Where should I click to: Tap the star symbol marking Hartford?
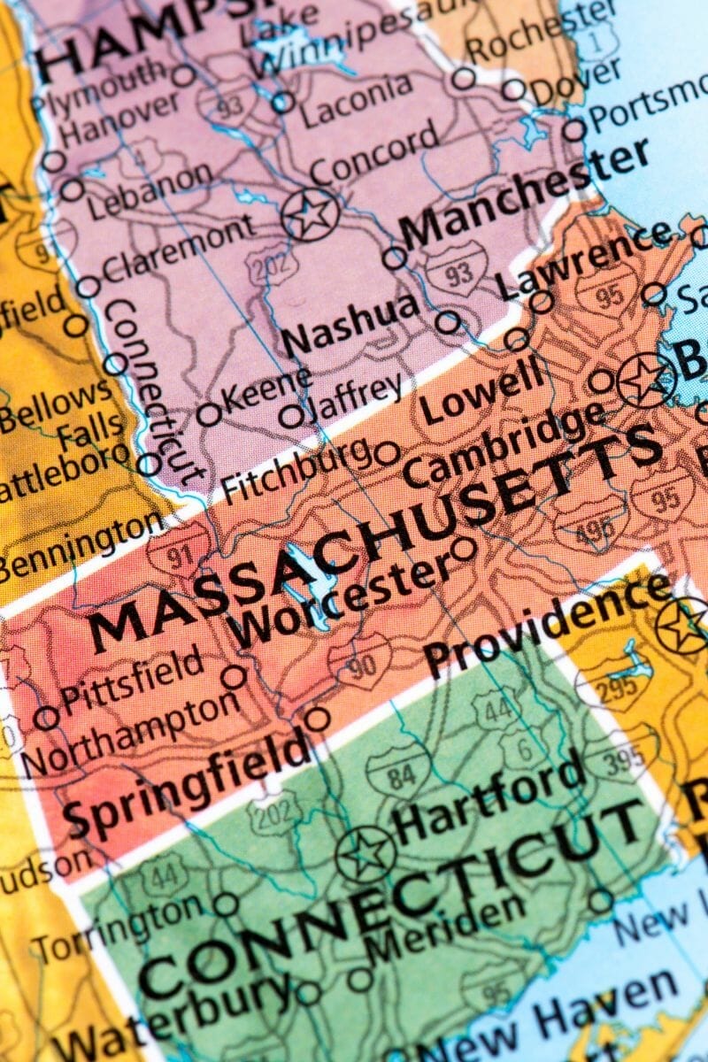click(365, 855)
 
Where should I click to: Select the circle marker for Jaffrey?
click(290, 415)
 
